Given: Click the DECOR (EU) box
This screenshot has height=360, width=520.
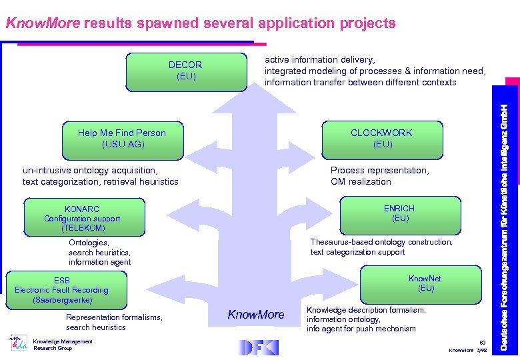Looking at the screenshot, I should click(185, 71).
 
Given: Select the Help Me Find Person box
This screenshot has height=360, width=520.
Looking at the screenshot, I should click(121, 139).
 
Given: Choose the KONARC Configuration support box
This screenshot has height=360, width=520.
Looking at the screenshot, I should click(82, 218).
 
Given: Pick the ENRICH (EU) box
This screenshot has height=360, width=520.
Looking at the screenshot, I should click(400, 213).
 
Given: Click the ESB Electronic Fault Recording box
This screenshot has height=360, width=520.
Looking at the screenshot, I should click(62, 290).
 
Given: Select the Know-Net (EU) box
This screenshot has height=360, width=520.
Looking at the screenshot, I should click(425, 283).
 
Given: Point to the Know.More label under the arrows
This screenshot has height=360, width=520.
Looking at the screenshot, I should click(256, 315).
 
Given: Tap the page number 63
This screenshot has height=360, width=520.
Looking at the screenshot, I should click(483, 341).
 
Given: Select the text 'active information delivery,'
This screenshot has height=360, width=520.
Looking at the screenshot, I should click(319, 59).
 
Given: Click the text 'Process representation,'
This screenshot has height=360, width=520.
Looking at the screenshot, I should click(379, 171).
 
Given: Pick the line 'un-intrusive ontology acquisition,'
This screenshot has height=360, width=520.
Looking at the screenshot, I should click(90, 171).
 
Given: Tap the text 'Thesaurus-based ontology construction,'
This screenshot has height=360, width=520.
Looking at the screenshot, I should click(381, 242).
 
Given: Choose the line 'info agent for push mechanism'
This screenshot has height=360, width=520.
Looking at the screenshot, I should click(361, 329).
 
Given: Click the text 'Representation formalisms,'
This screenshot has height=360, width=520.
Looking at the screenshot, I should click(114, 317).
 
